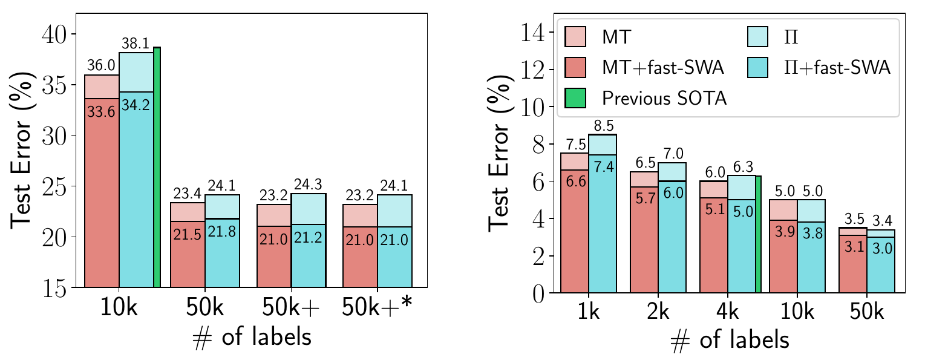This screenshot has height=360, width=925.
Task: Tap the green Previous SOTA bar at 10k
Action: [157, 166]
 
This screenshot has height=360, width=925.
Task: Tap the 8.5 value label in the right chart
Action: [603, 127]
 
